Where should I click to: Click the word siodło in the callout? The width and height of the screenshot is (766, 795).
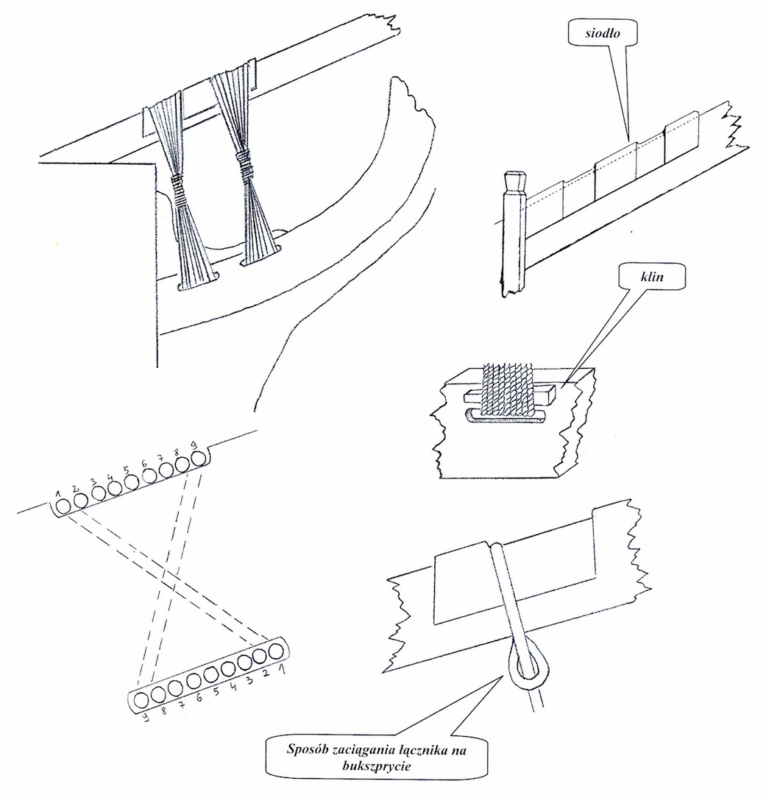[x=602, y=34]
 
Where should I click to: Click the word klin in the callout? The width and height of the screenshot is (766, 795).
[x=653, y=276]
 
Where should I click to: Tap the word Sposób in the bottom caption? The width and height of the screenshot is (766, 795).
[x=305, y=749]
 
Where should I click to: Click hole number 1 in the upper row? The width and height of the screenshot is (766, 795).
[x=63, y=506]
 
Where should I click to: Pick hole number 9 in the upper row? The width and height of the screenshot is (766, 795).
[x=199, y=459]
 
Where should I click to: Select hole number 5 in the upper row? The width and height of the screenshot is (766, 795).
[x=131, y=481]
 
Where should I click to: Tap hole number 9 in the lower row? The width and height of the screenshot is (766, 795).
[x=141, y=700]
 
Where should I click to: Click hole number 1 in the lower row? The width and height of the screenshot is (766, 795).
[x=276, y=651]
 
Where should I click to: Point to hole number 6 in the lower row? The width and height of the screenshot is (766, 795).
[x=193, y=681]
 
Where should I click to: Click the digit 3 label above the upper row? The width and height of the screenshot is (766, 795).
[x=93, y=480]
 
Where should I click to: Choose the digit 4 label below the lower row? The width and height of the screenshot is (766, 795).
[x=233, y=687]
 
